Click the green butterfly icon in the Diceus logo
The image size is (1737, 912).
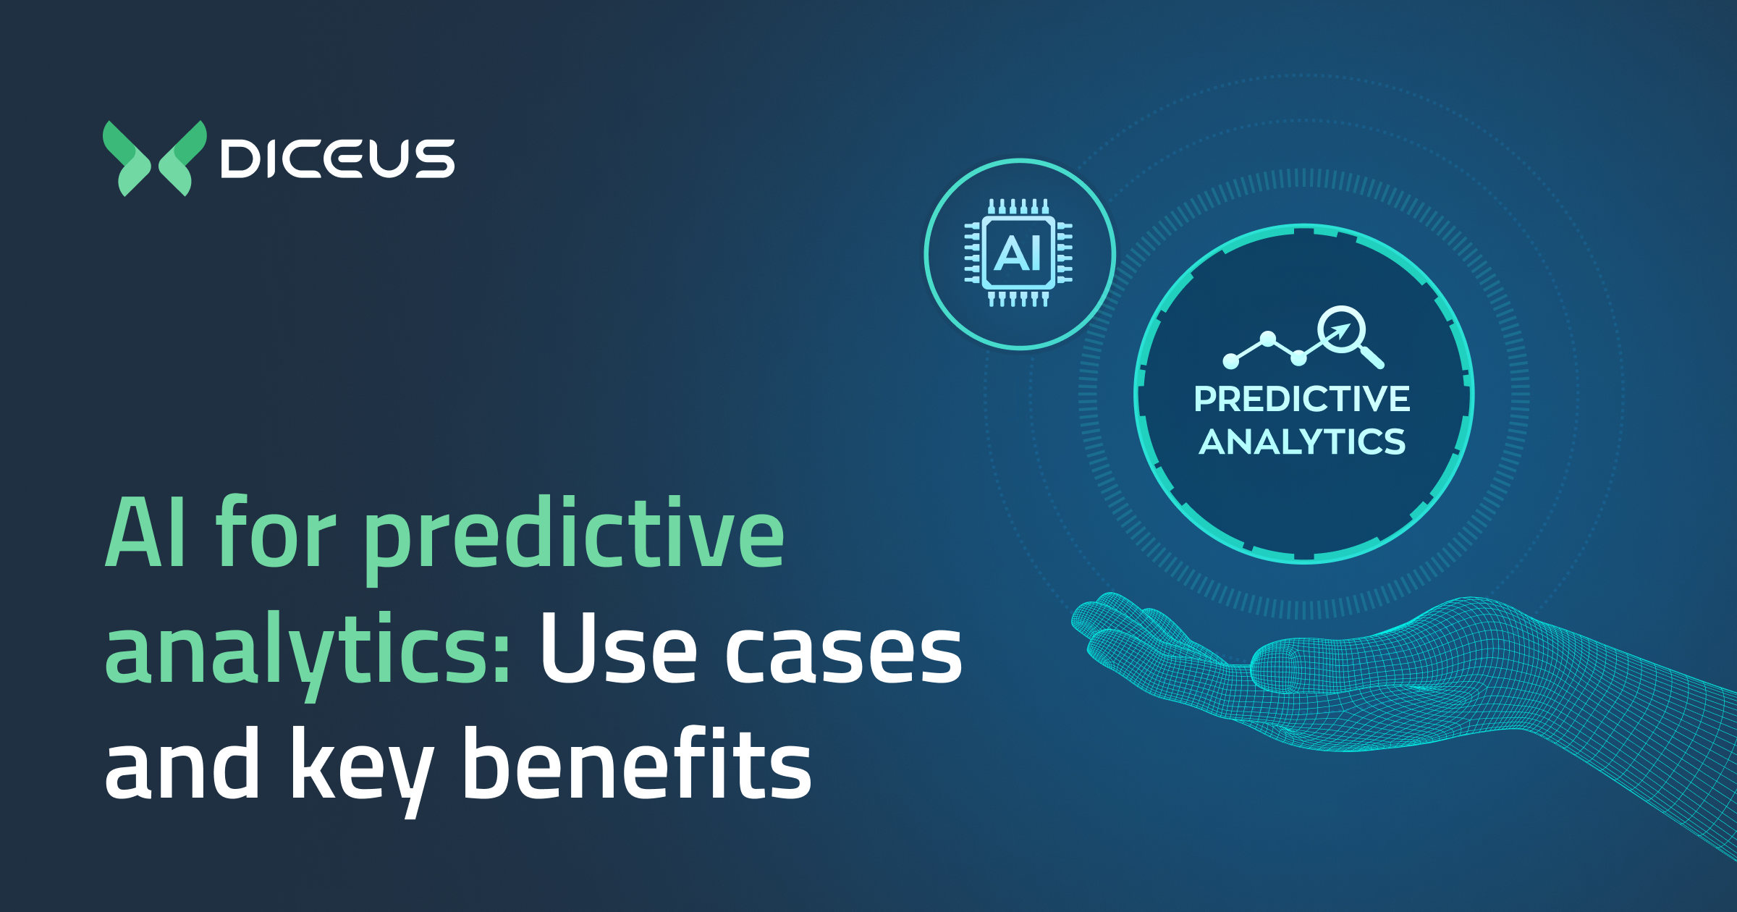coord(154,159)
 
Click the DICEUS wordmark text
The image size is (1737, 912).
coord(337,159)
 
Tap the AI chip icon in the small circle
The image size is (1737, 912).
coord(1019,253)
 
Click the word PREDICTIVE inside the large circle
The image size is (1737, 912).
coord(1302,399)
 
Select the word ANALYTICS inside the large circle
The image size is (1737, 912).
coord(1302,442)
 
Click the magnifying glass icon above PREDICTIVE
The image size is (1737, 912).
coord(1346,333)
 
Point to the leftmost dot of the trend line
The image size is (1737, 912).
coord(1230,360)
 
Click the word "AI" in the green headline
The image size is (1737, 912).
coord(145,534)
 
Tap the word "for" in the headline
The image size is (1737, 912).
coord(275,534)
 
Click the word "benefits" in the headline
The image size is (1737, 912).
coord(637,766)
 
